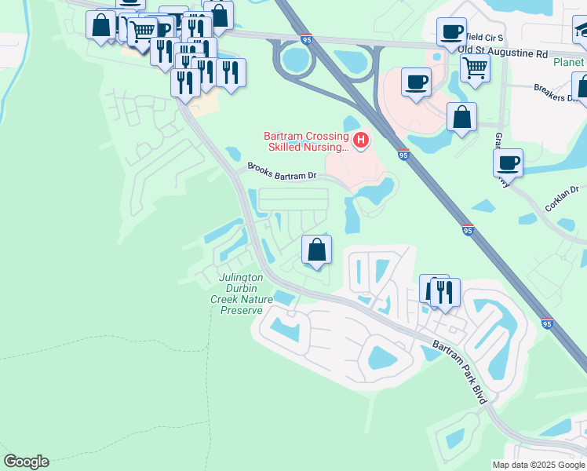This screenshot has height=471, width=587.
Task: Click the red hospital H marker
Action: click(361, 141)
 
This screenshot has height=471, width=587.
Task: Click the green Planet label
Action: click(568, 63)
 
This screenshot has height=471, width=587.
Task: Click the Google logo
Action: click(26, 462)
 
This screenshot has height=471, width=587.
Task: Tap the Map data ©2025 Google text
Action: click(538, 465)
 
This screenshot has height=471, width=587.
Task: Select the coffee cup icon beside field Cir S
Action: click(451, 31)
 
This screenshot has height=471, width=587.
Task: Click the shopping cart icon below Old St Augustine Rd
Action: click(475, 68)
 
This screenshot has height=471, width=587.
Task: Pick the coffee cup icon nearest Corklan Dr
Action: click(508, 163)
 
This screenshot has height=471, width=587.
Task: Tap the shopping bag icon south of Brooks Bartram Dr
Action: click(316, 250)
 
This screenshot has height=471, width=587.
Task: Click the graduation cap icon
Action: click(582, 30)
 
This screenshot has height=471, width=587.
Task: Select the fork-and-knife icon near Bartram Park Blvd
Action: click(444, 292)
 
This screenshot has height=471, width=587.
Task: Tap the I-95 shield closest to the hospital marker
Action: click(403, 154)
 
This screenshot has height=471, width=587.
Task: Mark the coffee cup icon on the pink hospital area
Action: click(416, 81)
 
